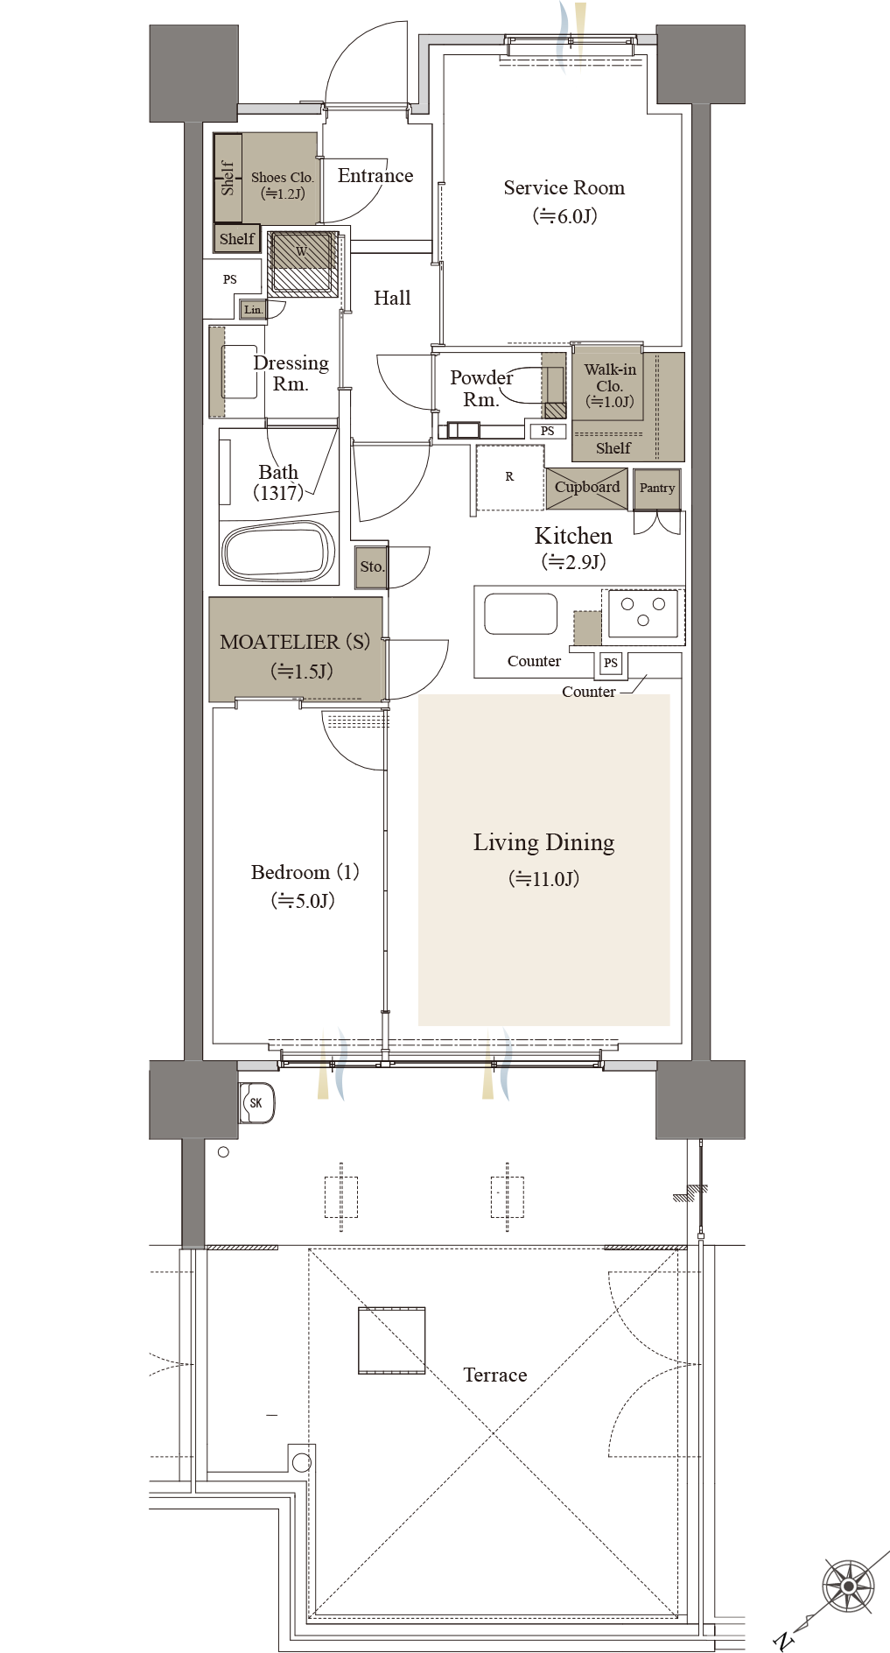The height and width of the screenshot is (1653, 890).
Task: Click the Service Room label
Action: [564, 188]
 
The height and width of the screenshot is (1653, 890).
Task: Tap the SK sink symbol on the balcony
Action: [257, 1103]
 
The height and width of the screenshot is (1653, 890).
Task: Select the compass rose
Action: [848, 1586]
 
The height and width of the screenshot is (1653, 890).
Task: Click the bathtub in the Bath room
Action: [279, 552]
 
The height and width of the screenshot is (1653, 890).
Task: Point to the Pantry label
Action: [657, 488]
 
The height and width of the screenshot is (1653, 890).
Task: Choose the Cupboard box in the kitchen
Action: [586, 489]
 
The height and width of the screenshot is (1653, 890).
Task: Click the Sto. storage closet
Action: [372, 566]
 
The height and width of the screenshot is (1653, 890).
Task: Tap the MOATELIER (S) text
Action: [295, 642]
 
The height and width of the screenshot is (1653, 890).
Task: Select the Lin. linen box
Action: [253, 309]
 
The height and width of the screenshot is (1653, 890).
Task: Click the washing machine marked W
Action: [302, 264]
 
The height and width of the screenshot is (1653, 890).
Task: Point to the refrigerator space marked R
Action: [509, 477]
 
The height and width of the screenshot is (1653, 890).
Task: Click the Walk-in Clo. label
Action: [610, 377]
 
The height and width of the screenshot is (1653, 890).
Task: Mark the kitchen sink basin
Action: [521, 614]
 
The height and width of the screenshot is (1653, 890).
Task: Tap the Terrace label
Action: [495, 1375]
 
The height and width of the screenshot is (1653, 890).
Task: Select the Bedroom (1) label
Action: [305, 873]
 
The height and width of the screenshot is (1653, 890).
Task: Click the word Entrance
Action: [375, 176]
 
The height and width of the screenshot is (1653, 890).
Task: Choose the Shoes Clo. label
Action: [282, 177]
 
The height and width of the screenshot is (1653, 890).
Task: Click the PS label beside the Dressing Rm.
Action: [230, 279]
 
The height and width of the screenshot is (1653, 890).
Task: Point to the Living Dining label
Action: [543, 843]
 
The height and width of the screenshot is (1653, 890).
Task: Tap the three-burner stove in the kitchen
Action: [643, 612]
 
